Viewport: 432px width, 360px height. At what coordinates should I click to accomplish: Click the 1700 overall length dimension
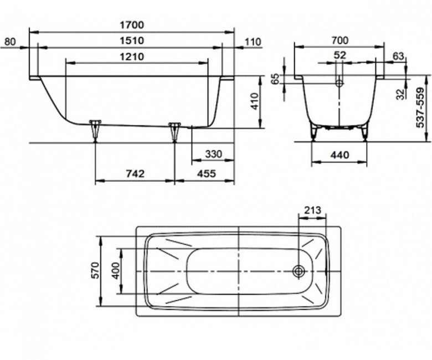132,25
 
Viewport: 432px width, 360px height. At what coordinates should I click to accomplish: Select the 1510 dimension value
132,41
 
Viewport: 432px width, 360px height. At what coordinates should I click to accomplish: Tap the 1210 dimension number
132,56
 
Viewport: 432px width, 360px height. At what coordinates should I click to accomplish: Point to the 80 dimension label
11,42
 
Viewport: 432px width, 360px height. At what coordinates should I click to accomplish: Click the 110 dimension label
253,42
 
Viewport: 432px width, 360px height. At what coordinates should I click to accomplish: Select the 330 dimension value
214,154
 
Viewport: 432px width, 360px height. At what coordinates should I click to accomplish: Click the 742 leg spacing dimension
135,174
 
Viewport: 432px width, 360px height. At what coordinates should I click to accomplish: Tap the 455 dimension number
207,174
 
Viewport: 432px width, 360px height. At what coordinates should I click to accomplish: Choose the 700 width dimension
340,40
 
